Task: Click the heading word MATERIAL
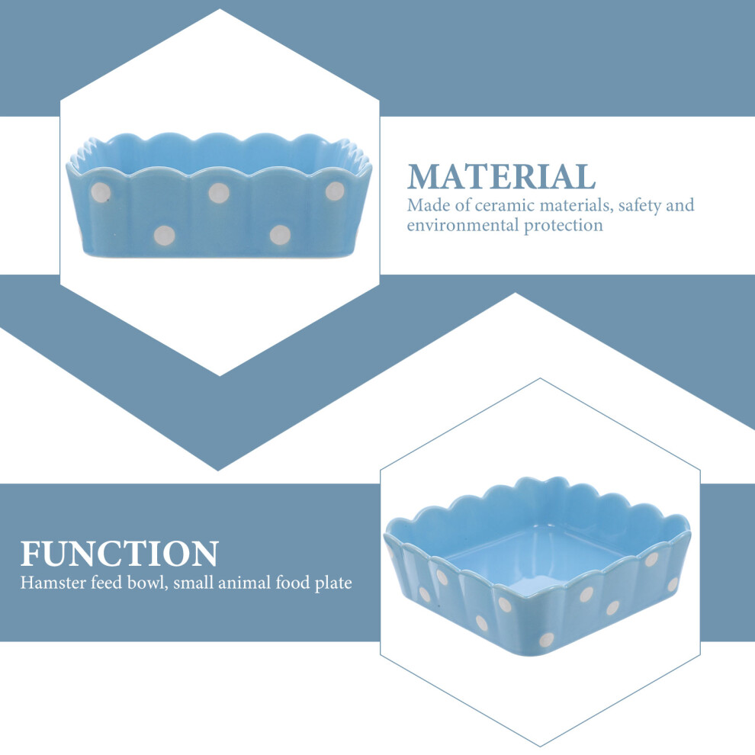501,176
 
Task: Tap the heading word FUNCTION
120,554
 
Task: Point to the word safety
640,206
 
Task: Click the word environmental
463,225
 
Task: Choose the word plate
333,583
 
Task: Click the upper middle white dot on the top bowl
219,193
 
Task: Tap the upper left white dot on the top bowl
100,193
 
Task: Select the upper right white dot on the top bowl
335,191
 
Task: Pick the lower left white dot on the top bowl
164,235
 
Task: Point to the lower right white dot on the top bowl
280,234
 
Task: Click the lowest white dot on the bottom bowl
547,639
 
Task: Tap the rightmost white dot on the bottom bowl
673,584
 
